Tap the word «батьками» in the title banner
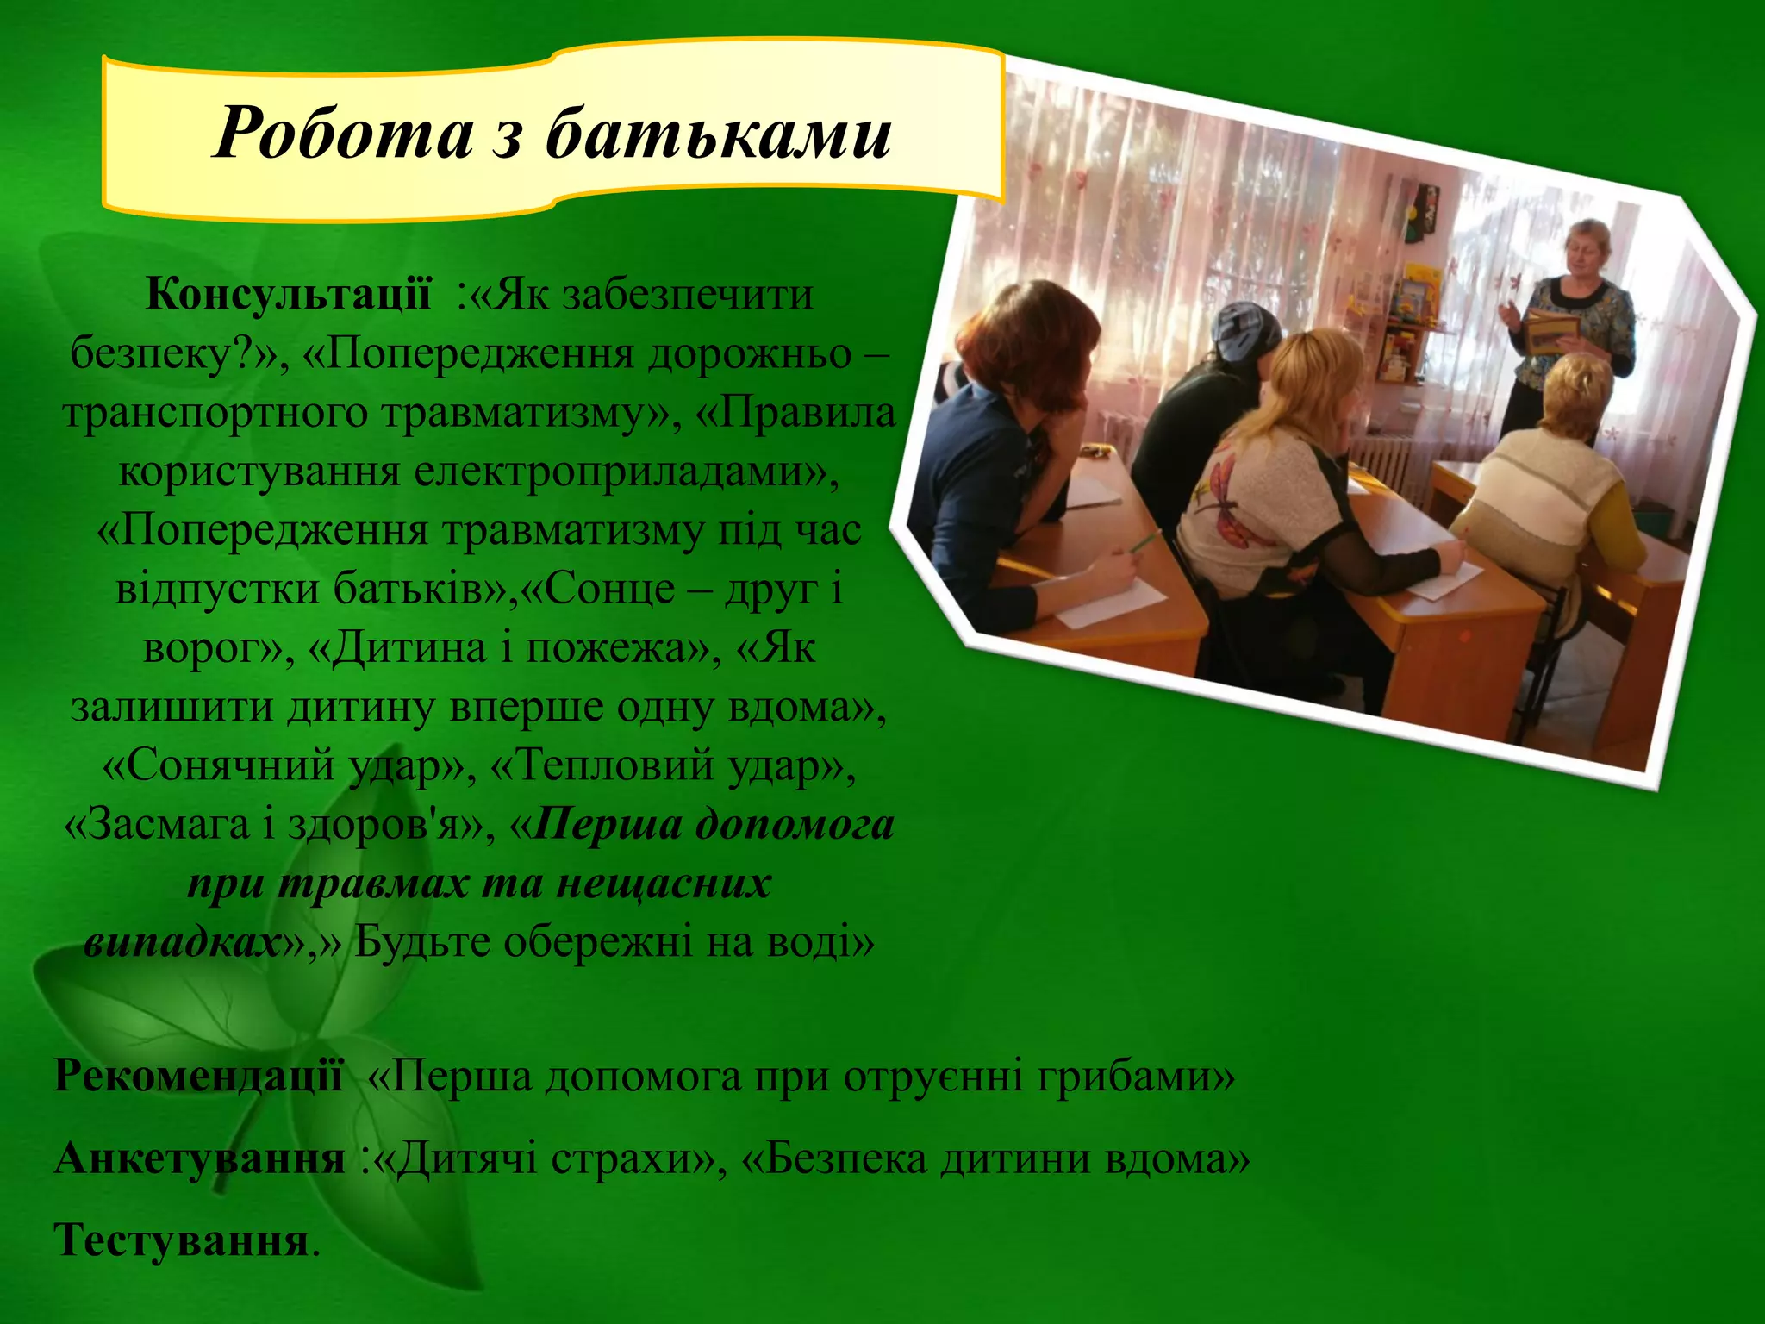point(719,133)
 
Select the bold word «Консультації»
point(288,295)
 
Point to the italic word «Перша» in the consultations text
point(607,824)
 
